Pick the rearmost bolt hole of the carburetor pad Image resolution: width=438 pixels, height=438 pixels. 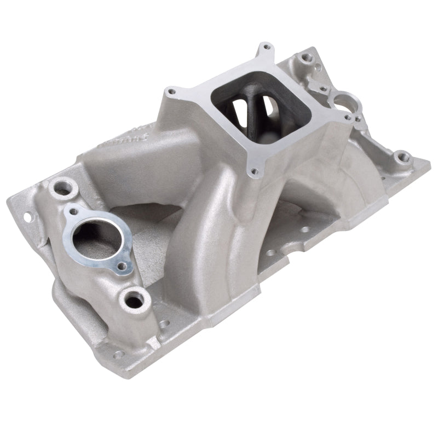click(267, 48)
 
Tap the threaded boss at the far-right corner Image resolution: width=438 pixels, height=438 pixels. click(404, 157)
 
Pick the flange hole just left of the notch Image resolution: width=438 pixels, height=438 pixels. click(270, 255)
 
